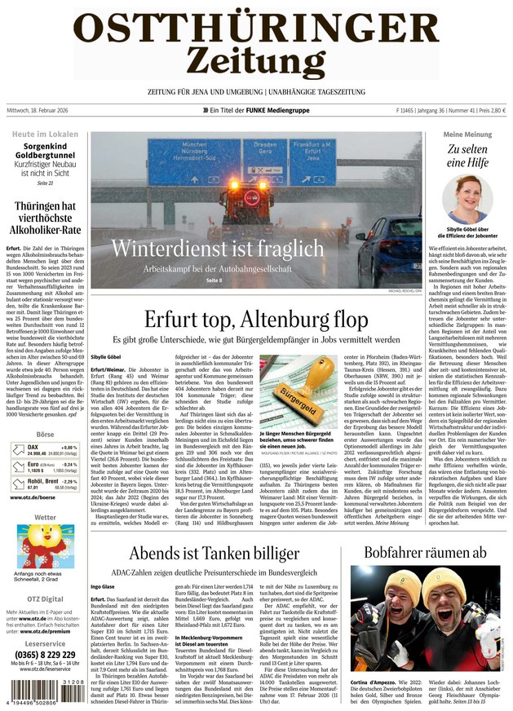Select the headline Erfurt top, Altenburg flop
tap(255, 319)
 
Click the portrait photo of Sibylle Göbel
tap(466, 201)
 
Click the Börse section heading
tap(45, 435)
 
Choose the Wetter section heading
tap(45, 517)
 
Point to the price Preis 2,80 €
tap(489, 110)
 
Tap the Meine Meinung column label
tap(467, 134)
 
